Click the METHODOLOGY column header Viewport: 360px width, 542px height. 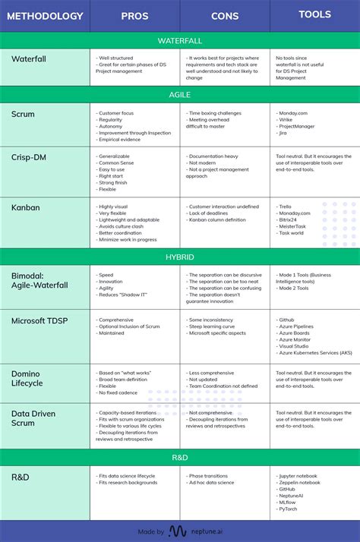tap(44, 15)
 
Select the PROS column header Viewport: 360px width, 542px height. tap(134, 15)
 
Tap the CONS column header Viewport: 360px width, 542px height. tap(225, 15)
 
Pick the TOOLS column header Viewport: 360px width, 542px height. tap(314, 14)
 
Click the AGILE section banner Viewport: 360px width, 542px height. tap(180, 95)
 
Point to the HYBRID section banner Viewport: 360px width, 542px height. tap(180, 257)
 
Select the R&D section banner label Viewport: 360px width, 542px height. tap(180, 458)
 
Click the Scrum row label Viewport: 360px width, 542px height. tap(24, 115)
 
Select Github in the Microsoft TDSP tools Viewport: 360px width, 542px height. tap(287, 320)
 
